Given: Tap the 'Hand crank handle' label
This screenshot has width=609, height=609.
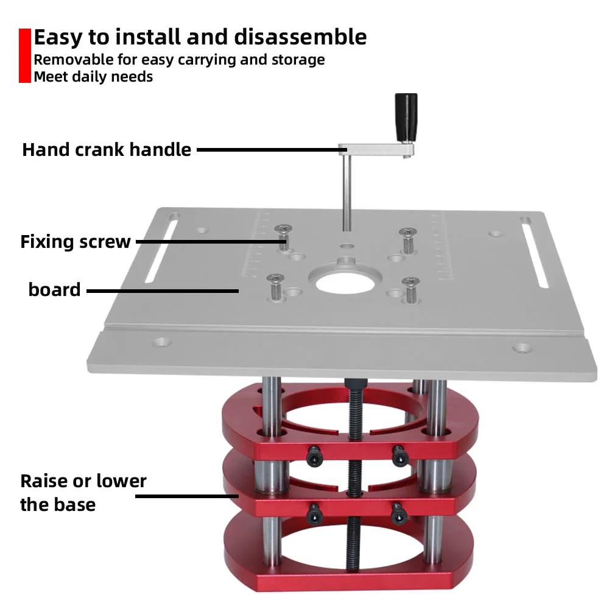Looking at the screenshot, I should [107, 149].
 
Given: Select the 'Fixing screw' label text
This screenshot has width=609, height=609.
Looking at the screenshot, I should [76, 242].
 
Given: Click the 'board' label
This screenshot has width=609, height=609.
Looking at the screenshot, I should [54, 289].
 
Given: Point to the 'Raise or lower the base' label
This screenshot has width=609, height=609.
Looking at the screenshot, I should [83, 493].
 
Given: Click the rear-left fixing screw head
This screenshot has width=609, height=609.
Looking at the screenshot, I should [283, 230].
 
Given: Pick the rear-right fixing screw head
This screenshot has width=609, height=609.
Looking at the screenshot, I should [407, 232].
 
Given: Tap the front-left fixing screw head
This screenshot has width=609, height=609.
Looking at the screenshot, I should [275, 279].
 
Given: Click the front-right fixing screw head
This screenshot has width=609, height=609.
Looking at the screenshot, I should [411, 282].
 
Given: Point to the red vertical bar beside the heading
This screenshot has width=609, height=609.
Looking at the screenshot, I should [24, 55].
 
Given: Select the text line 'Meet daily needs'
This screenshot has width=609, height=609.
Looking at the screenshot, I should [93, 77].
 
